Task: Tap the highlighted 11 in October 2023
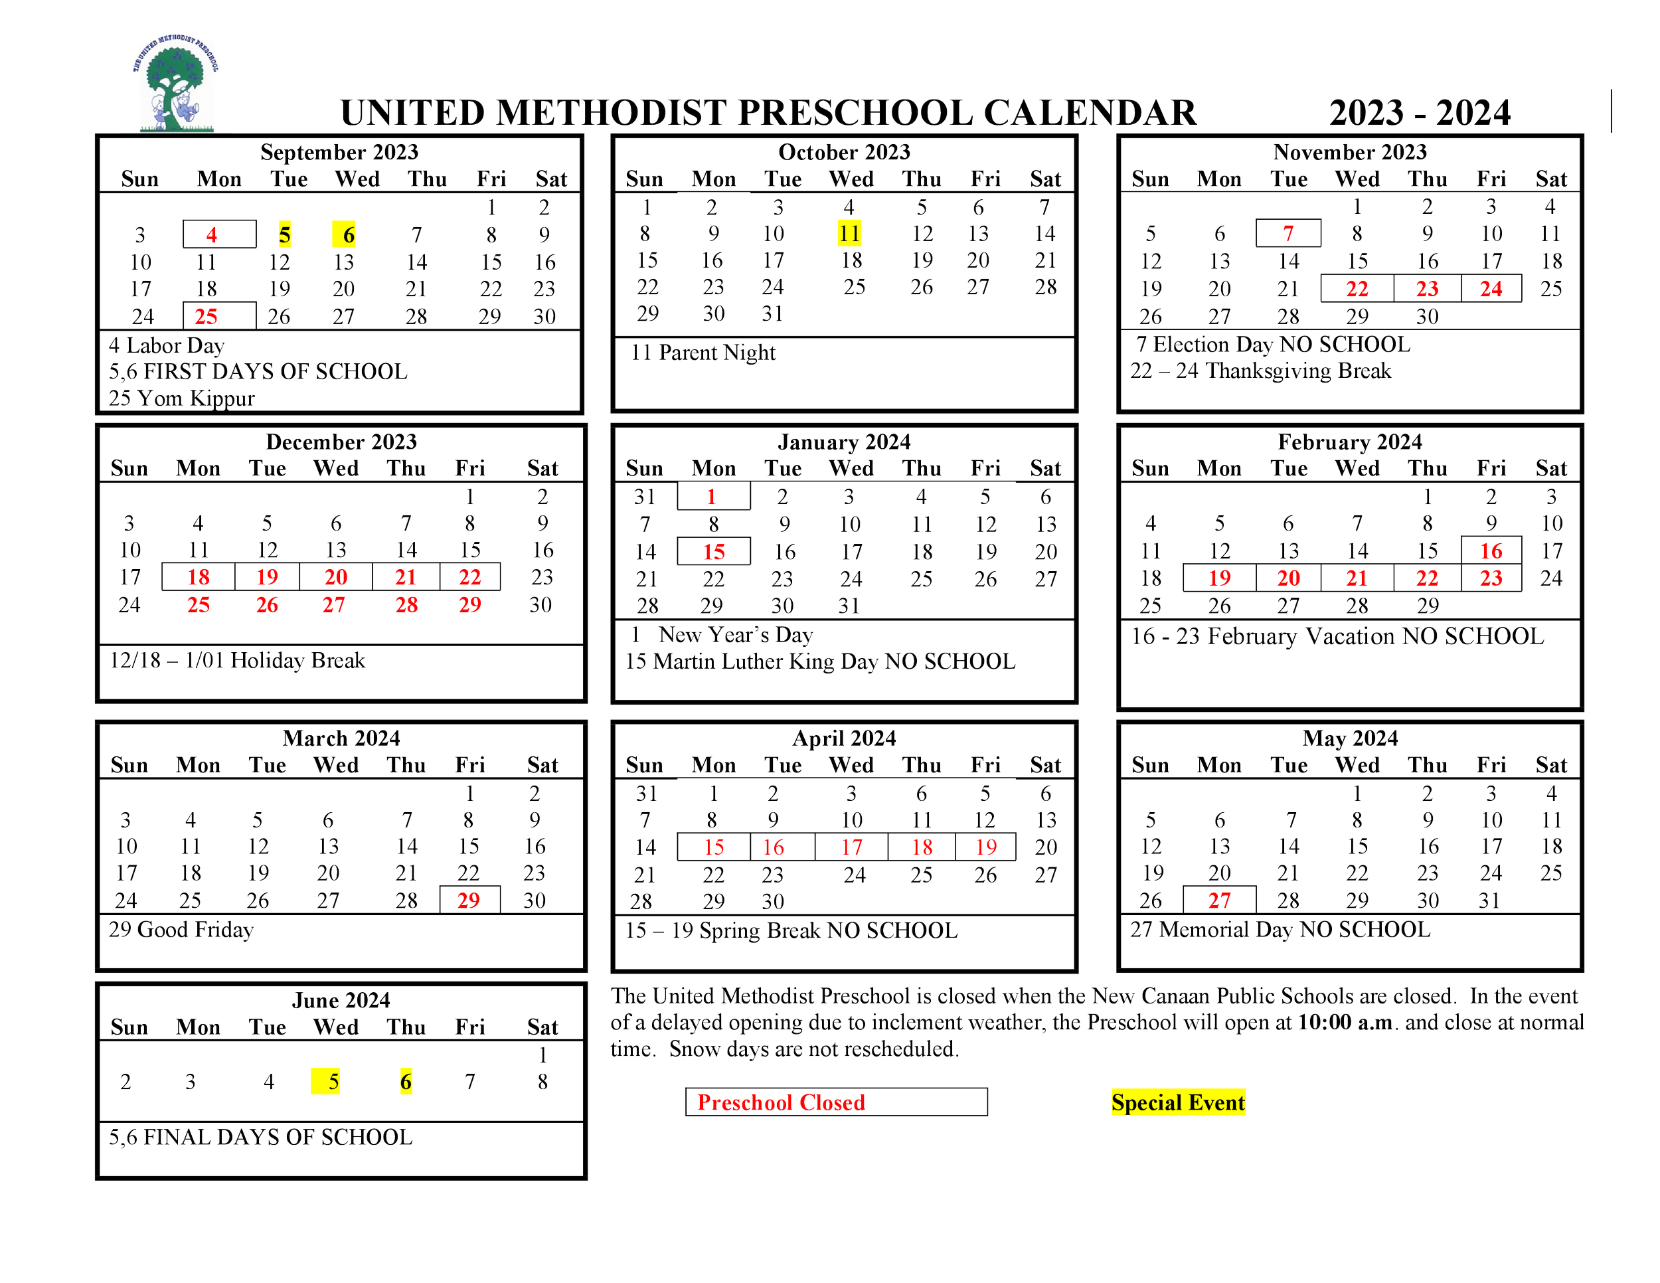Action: coord(849,233)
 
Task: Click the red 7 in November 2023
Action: coord(1288,233)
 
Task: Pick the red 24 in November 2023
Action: coord(1491,289)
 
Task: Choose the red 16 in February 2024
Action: coord(1491,551)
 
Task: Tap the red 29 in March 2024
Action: coord(469,900)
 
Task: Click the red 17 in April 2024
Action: coord(851,847)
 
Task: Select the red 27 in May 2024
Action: coord(1219,900)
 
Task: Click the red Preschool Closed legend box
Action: coord(836,1101)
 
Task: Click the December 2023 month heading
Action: coord(341,442)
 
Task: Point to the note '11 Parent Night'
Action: coord(703,353)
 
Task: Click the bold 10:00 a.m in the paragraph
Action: coord(1345,1022)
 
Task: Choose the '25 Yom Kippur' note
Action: coord(182,398)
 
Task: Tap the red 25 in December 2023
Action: coord(199,605)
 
